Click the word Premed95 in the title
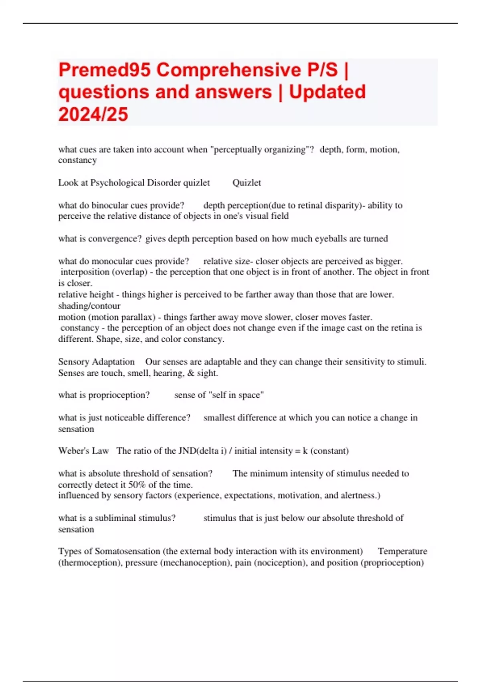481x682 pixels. click(105, 70)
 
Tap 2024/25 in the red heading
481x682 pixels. click(93, 114)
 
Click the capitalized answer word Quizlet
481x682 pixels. click(247, 183)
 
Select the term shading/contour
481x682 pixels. click(89, 306)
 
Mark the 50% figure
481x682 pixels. click(137, 485)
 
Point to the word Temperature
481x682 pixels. click(402, 551)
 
